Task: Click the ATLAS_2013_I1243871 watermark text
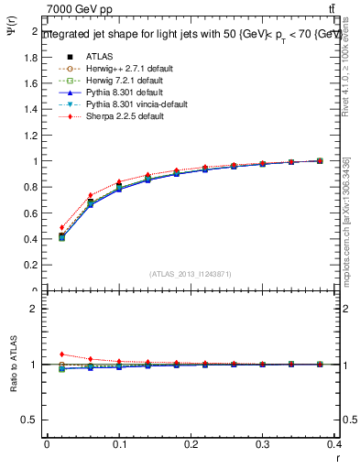(191, 274)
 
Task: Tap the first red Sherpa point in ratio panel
(61, 354)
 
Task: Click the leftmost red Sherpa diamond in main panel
(61, 227)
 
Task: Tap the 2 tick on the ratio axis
(35, 309)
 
